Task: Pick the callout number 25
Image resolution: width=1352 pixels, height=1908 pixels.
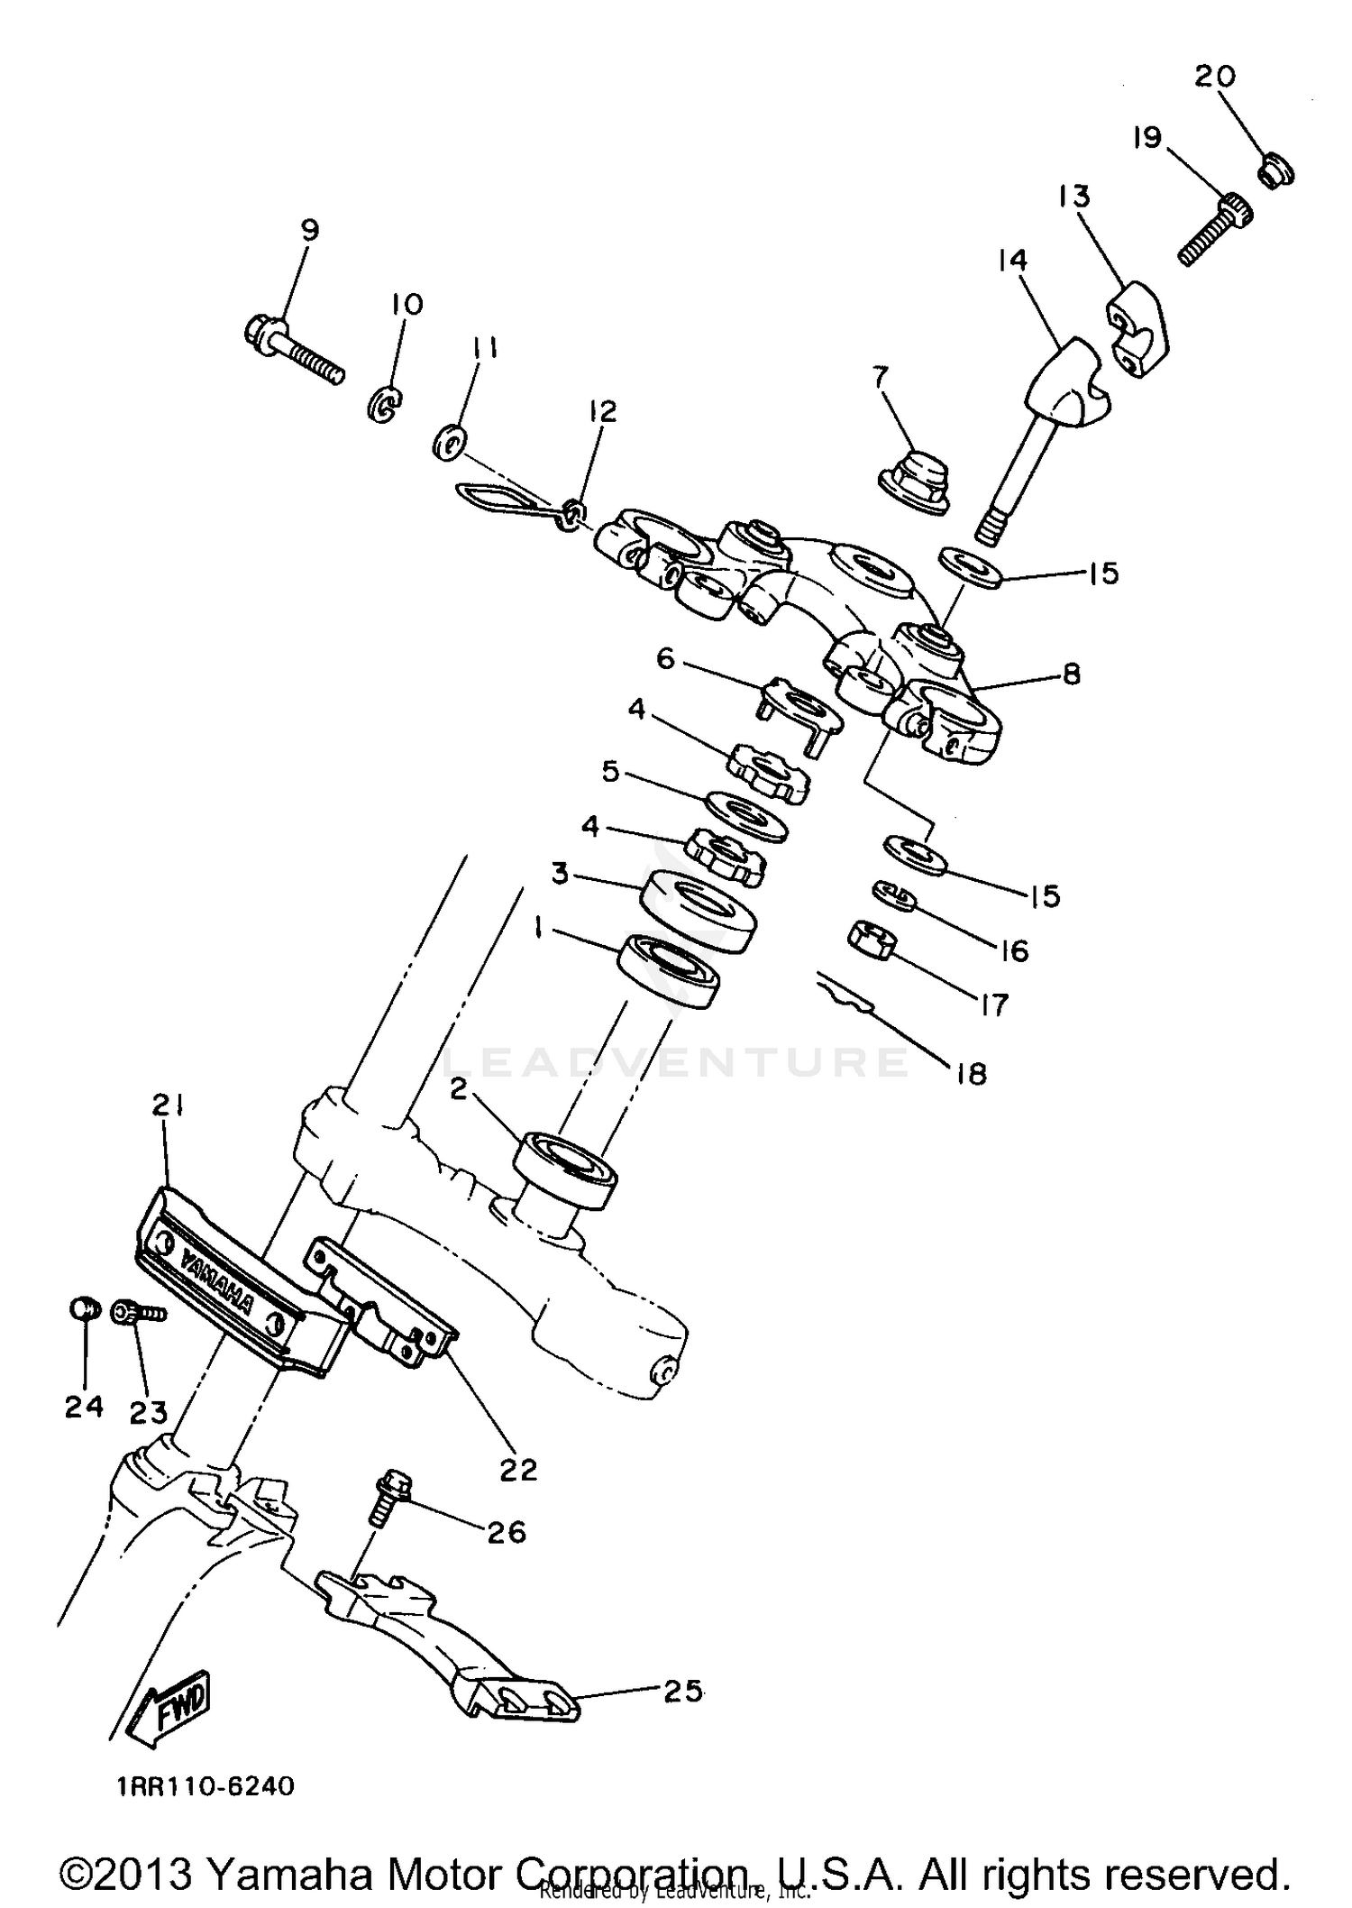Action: coord(682,1692)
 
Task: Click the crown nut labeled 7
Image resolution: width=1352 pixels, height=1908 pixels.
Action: coord(912,480)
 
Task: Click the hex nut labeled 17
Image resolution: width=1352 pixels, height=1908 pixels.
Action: coord(872,943)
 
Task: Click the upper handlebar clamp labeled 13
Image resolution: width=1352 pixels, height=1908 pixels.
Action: coord(1136,328)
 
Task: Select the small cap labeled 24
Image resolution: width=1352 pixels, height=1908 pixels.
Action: coord(83,1308)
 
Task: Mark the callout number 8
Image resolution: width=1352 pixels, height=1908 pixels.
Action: coord(1071,674)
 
